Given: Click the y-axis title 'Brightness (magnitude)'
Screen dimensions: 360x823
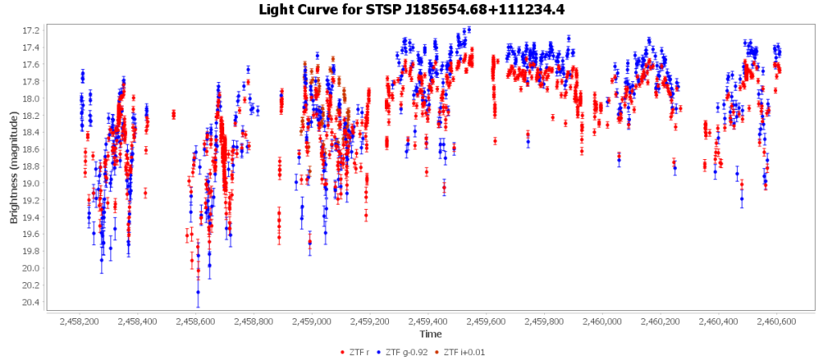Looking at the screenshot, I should [14, 168].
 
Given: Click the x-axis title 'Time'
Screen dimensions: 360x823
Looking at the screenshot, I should [429, 333].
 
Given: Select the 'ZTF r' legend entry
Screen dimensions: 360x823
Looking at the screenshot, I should [355, 352].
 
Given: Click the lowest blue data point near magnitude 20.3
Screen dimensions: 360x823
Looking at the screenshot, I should [198, 292].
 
